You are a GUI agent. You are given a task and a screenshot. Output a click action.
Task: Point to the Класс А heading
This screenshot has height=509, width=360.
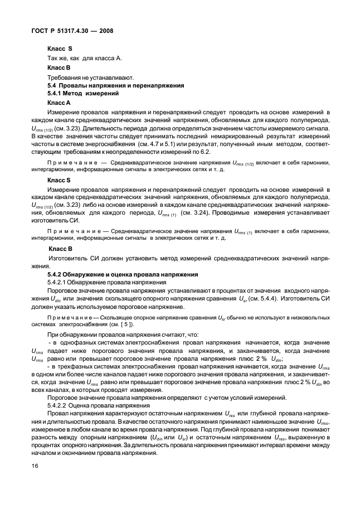(59, 103)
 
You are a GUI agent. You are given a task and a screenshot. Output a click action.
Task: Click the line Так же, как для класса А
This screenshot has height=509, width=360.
(84, 59)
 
